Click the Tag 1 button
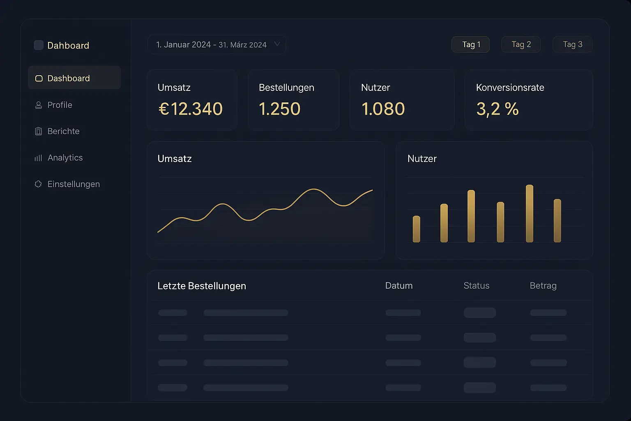pyautogui.click(x=470, y=44)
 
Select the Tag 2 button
pyautogui.click(x=521, y=44)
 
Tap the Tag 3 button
pyautogui.click(x=572, y=44)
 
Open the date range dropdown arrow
pyautogui.click(x=277, y=44)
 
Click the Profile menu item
pyautogui.click(x=60, y=105)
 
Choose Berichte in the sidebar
pyautogui.click(x=63, y=131)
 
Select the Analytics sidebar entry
pyautogui.click(x=65, y=157)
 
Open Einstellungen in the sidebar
pyautogui.click(x=74, y=184)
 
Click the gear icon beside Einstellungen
pyautogui.click(x=38, y=184)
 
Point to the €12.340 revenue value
pyautogui.click(x=191, y=109)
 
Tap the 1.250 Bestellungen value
pyautogui.click(x=280, y=109)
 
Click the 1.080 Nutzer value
pyautogui.click(x=383, y=109)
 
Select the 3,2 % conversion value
pyautogui.click(x=497, y=109)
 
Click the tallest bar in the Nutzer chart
pyautogui.click(x=530, y=213)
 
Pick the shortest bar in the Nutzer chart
pyautogui.click(x=417, y=229)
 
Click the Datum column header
pyautogui.click(x=398, y=286)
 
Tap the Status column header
pyautogui.click(x=476, y=286)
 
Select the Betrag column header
pyautogui.click(x=543, y=286)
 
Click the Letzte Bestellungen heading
pyautogui.click(x=202, y=286)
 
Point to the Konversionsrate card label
pyautogui.click(x=510, y=88)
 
